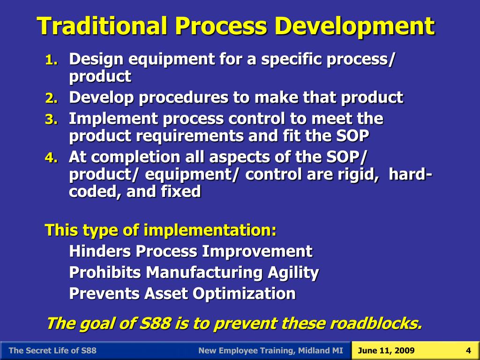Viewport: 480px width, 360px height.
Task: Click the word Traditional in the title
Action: (x=102, y=26)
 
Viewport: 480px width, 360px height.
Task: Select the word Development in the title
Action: (x=354, y=26)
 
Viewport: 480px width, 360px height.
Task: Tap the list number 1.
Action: (x=51, y=60)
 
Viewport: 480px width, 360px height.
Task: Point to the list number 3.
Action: (x=51, y=120)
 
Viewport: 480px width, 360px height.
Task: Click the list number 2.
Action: (x=51, y=98)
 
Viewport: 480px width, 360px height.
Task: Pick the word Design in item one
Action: (x=96, y=60)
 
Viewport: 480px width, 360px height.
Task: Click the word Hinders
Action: (x=100, y=251)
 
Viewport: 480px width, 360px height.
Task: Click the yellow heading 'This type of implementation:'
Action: (x=160, y=231)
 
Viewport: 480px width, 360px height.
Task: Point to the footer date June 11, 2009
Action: (x=386, y=351)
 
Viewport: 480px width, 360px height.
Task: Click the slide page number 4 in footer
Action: (x=468, y=351)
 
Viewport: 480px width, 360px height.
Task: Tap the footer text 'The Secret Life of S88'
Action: (x=52, y=351)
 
